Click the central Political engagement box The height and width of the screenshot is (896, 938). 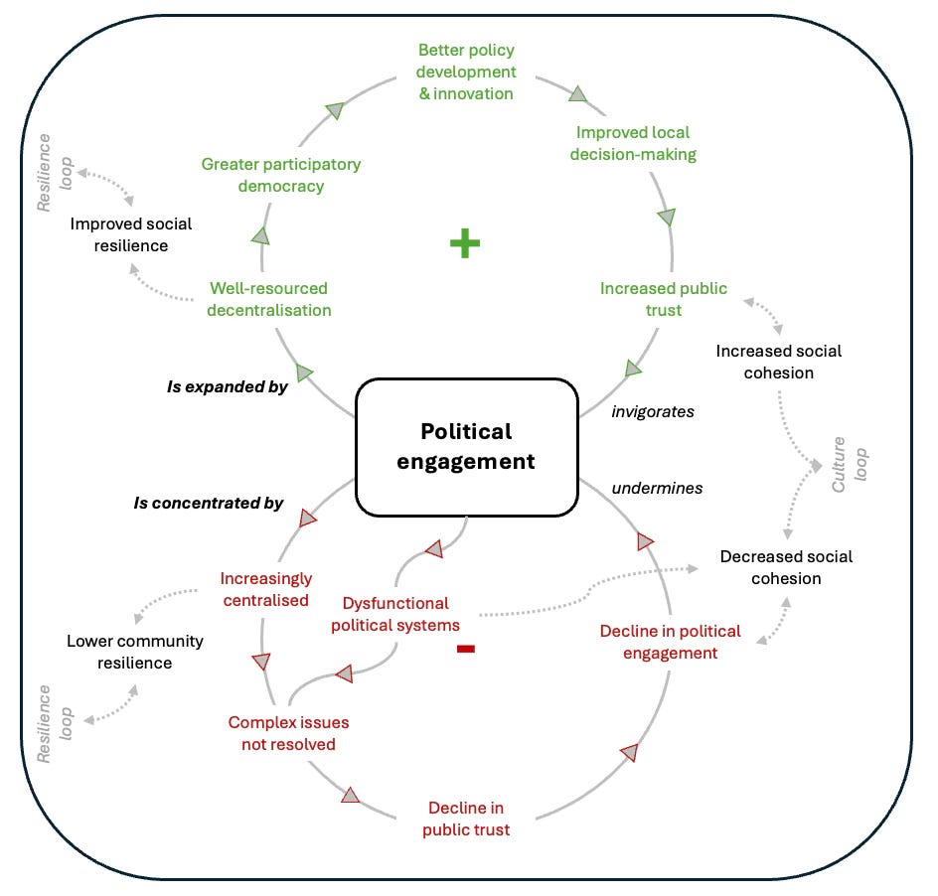pos(467,447)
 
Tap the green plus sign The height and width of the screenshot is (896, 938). pos(464,243)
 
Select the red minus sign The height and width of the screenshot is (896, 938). pos(465,649)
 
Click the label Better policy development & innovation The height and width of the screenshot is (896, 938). pos(466,72)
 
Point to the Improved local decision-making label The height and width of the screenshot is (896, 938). pos(633,143)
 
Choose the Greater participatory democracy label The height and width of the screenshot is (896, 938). pos(281,175)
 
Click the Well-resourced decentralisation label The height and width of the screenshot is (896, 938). pos(269,299)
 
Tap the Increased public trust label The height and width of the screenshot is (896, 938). pos(663,299)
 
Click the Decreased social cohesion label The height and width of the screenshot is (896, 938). pos(786,567)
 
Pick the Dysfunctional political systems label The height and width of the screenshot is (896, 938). pos(395,614)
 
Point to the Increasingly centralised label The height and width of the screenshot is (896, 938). pos(265,589)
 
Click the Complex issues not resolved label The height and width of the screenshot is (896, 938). pos(288,733)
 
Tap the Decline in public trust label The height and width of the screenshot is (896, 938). pos(466,819)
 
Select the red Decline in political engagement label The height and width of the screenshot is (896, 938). pos(670,642)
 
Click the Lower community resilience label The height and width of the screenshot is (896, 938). pos(134,652)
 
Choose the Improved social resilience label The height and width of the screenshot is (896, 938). pos(130,234)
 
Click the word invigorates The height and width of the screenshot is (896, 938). pos(652,410)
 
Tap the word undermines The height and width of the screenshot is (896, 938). pos(657,488)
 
